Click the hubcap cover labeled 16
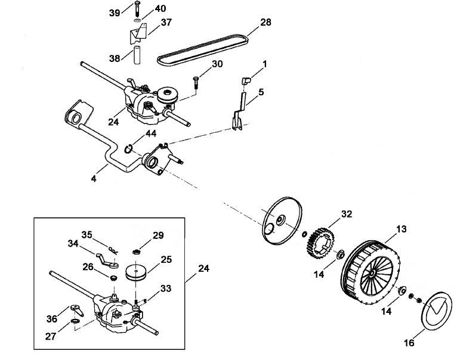point(437,311)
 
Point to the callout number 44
point(151,134)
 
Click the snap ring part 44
point(128,149)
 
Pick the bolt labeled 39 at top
point(138,9)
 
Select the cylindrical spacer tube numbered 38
point(137,54)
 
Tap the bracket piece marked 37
point(138,33)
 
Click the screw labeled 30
point(196,83)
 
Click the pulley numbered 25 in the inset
point(137,273)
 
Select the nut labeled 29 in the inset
point(136,252)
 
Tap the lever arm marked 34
point(107,260)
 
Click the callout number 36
point(51,319)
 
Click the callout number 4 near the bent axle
point(94,179)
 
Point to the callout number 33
point(165,288)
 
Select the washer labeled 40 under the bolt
point(138,20)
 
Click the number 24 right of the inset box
point(203,268)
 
